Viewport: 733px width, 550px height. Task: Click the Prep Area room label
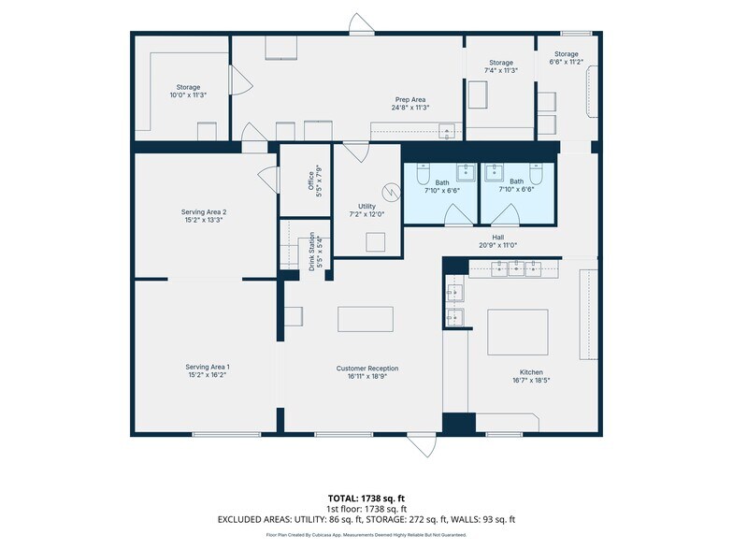(410, 99)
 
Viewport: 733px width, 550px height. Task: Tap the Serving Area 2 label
(204, 211)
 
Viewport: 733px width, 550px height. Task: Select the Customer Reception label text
(367, 369)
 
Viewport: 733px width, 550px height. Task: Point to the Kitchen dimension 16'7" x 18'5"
(531, 380)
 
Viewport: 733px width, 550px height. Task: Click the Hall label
(497, 238)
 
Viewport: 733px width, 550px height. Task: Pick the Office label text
(310, 181)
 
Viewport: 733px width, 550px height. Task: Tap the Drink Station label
(311, 252)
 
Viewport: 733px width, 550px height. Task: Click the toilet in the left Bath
(423, 173)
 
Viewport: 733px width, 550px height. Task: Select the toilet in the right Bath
(537, 173)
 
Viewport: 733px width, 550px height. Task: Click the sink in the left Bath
(466, 172)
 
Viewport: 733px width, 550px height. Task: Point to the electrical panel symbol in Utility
(391, 192)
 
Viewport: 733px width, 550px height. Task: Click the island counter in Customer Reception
(366, 319)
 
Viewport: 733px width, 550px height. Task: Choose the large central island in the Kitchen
(518, 332)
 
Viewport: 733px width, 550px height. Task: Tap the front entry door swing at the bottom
(423, 445)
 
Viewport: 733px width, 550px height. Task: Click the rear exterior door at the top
(361, 24)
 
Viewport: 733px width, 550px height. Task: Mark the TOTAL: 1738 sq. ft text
(363, 498)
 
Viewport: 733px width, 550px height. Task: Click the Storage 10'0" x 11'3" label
(188, 91)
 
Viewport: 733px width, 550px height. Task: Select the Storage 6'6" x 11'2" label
(567, 58)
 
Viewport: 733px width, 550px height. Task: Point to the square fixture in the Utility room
(376, 242)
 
